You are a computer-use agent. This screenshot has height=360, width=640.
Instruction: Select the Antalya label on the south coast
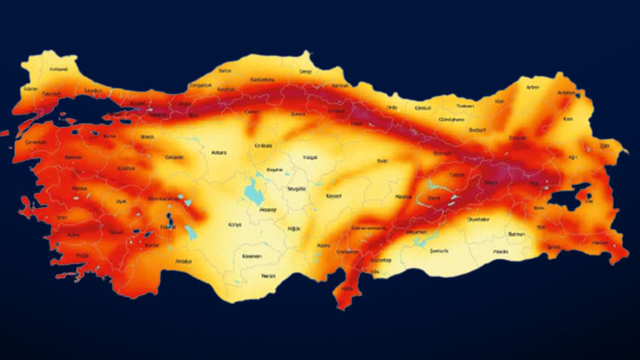(x=183, y=261)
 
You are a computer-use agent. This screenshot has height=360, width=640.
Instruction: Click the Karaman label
(x=251, y=256)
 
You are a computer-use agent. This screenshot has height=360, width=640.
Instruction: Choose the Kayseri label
(x=334, y=195)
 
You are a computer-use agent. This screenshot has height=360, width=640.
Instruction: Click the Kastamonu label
(x=261, y=78)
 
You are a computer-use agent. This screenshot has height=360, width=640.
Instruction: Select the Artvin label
(x=533, y=87)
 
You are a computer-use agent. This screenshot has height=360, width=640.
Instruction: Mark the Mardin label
(x=502, y=253)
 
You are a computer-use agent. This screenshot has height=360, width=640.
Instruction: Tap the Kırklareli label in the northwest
(x=59, y=68)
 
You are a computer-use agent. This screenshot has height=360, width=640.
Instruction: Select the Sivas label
(x=382, y=160)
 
